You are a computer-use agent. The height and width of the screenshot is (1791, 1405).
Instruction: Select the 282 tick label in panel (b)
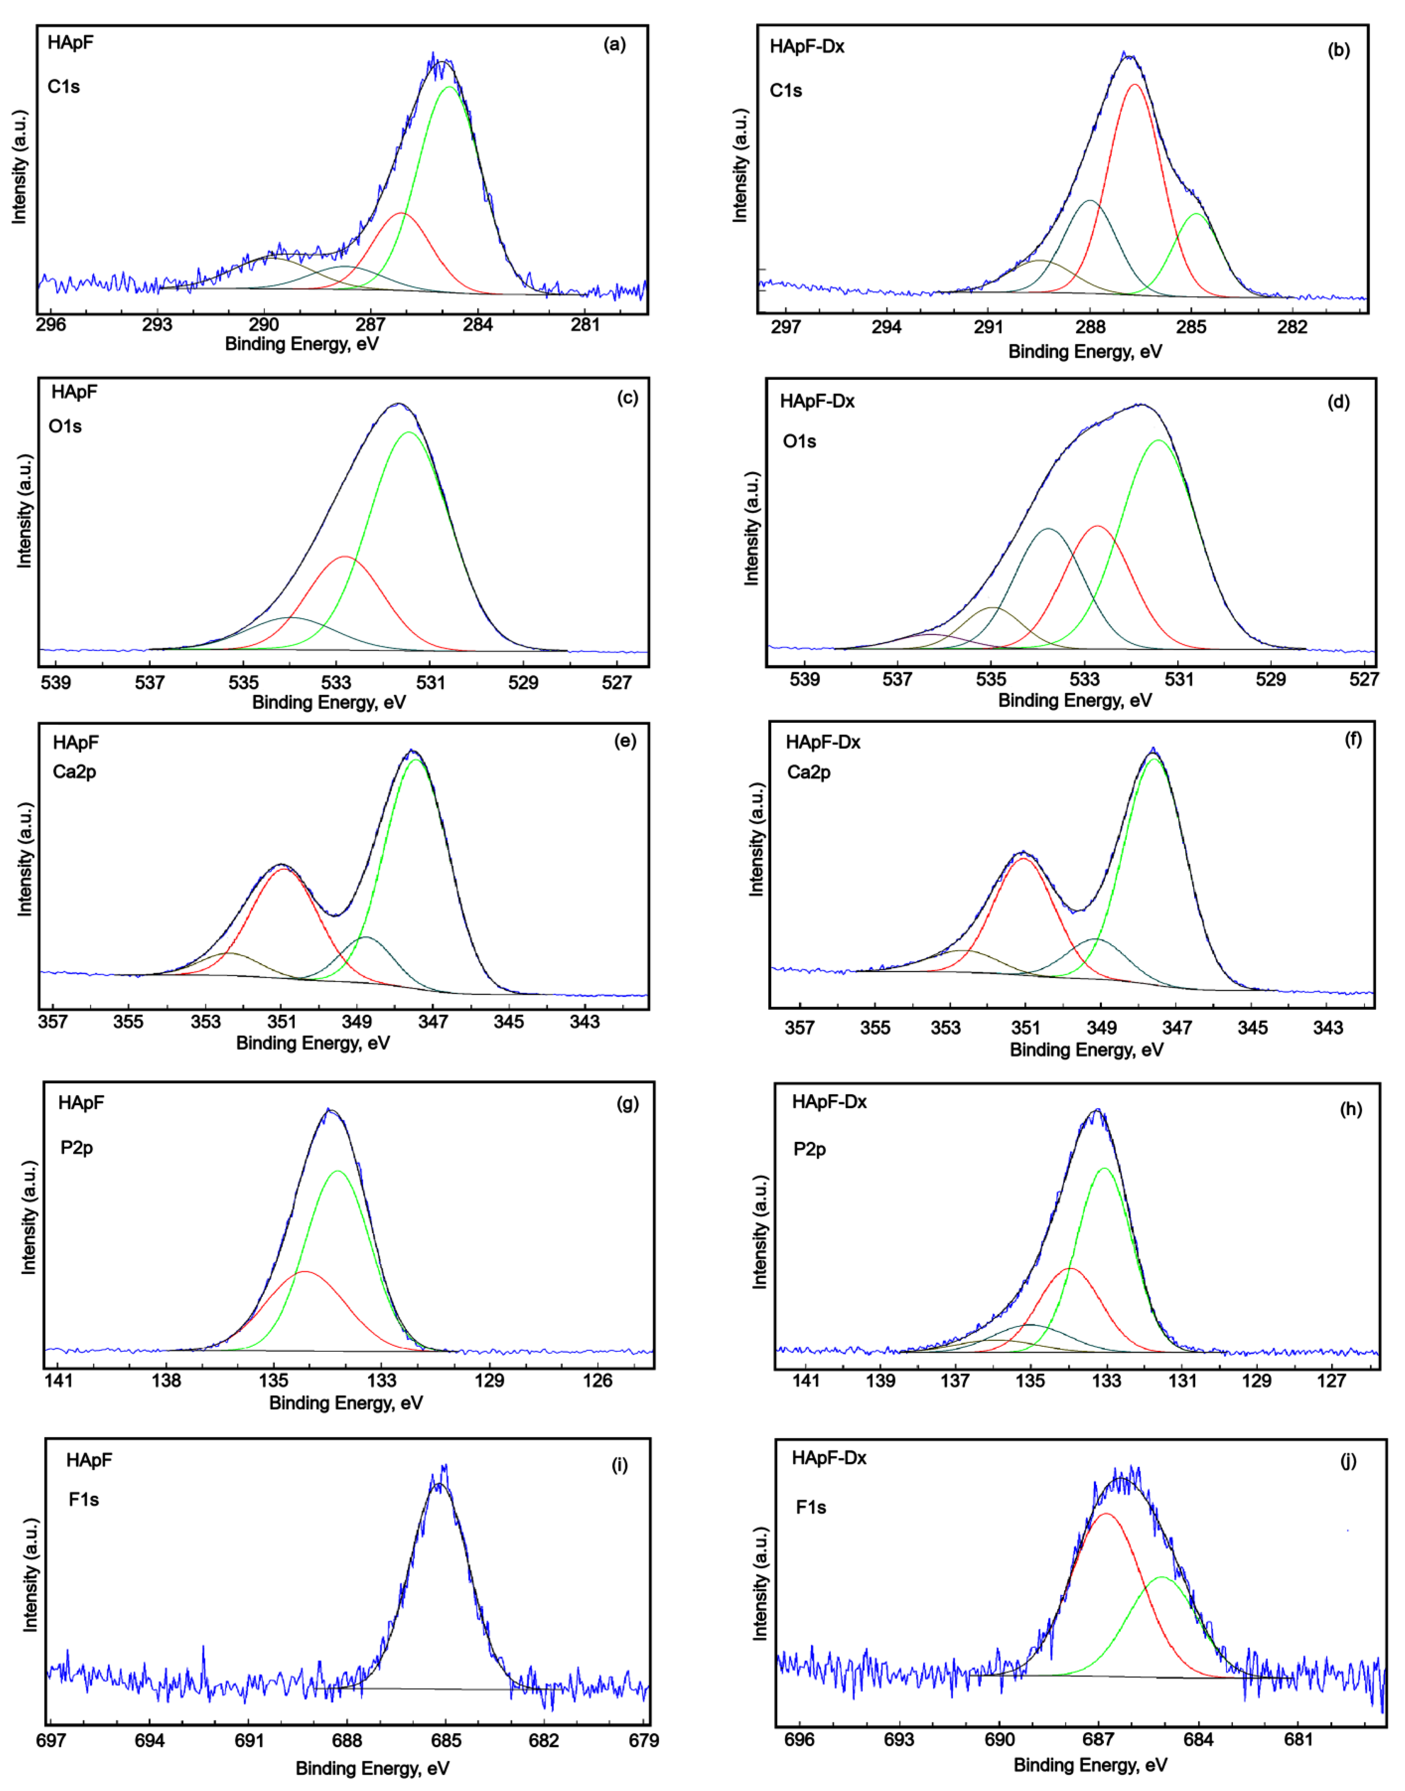(x=1292, y=327)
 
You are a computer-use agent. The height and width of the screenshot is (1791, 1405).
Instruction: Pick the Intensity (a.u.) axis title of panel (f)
(x=756, y=839)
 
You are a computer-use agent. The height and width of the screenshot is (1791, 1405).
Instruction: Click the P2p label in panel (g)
(x=76, y=1148)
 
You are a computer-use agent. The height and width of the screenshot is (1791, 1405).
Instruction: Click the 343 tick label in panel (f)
(x=1328, y=1027)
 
